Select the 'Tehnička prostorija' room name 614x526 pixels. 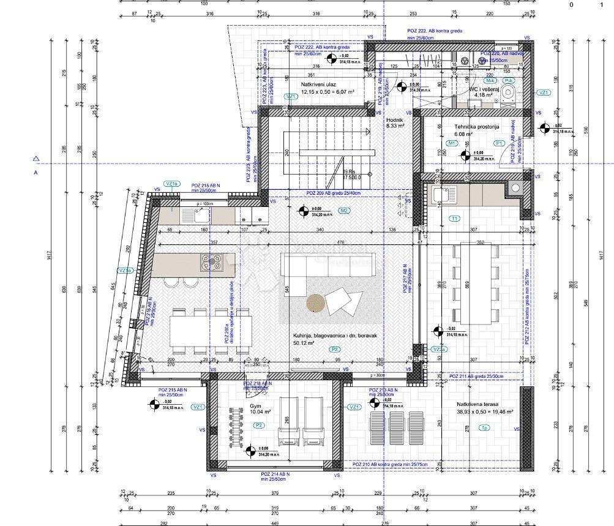[x=468, y=127]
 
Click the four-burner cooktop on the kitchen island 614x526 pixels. [x=211, y=261]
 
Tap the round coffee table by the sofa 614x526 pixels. [x=316, y=302]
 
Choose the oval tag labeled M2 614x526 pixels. [x=344, y=211]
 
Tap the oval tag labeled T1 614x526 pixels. [x=454, y=219]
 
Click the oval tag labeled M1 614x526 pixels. [x=452, y=143]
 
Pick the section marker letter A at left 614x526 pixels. [x=36, y=173]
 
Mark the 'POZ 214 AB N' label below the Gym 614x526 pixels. [x=275, y=475]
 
